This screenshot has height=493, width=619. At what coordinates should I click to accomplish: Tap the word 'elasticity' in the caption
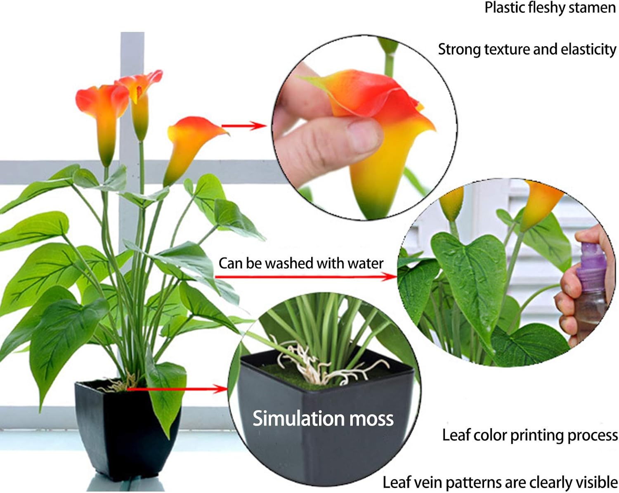coord(588,50)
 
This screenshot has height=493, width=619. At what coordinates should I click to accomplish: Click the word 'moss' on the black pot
coord(372,418)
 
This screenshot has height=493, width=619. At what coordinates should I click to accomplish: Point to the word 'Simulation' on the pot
coord(298,418)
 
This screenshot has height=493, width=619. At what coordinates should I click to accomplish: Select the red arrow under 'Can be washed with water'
coord(305,277)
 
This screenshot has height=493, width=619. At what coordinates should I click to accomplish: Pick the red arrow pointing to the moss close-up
coord(177,388)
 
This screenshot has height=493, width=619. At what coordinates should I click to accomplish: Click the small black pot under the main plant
coord(124,429)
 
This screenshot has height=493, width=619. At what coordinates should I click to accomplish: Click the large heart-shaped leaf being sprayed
coord(470,273)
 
